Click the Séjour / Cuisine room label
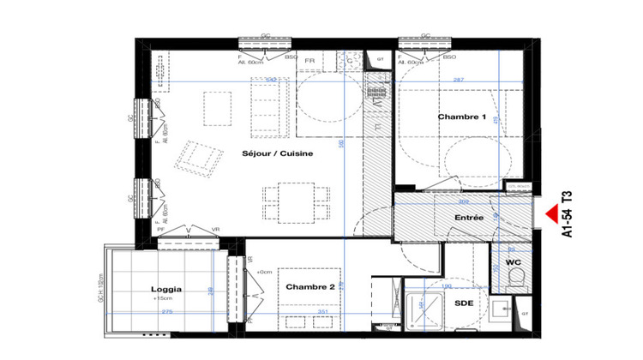tap(276, 153)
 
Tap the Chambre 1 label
tap(462, 117)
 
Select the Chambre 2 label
tap(309, 286)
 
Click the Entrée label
tap(469, 219)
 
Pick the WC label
tap(513, 261)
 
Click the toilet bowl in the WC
tap(515, 277)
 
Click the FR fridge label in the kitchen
tap(309, 62)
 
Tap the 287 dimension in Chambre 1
tap(458, 80)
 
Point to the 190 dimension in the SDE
tap(447, 285)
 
